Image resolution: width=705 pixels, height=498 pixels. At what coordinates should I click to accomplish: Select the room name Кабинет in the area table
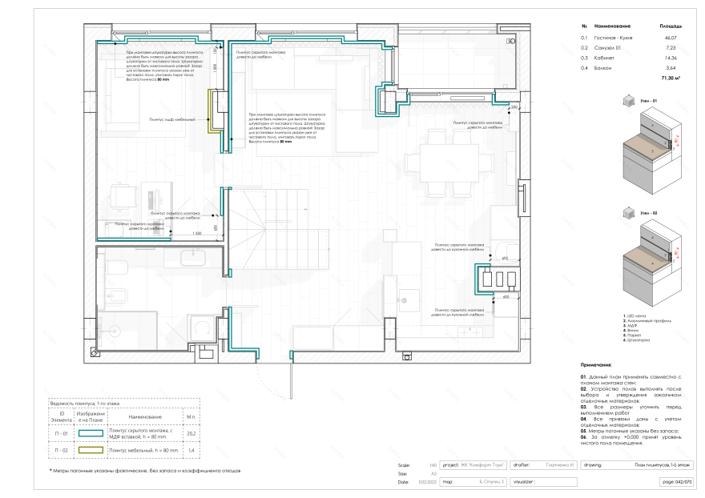601,58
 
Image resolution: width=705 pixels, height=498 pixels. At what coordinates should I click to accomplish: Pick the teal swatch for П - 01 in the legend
91,433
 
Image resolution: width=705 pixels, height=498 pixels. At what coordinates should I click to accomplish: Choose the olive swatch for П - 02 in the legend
91,451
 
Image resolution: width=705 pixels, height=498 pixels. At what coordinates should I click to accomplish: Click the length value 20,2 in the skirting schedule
191,433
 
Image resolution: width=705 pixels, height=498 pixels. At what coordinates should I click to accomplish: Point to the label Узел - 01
648,101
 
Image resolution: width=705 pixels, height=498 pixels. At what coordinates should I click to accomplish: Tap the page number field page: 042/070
675,482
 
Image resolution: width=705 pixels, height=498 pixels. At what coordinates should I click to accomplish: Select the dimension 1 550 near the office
197,233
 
